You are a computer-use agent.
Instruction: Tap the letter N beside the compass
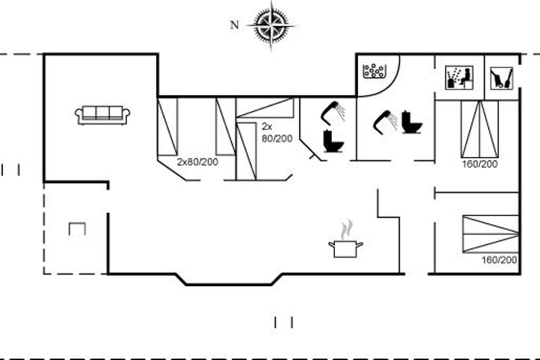pos(234,25)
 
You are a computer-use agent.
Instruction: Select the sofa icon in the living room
pos(103,115)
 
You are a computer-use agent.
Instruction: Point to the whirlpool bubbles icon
pos(375,71)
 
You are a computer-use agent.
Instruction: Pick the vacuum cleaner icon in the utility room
pos(501,77)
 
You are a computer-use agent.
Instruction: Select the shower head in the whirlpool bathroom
pos(385,120)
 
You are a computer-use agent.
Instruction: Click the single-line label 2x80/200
pos(197,162)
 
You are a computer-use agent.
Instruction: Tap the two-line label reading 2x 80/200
pos(277,133)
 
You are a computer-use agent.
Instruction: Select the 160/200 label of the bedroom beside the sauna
pos(480,164)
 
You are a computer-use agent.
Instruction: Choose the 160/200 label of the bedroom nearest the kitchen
pos(499,260)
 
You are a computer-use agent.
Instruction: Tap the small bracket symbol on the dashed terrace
pos(77,228)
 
